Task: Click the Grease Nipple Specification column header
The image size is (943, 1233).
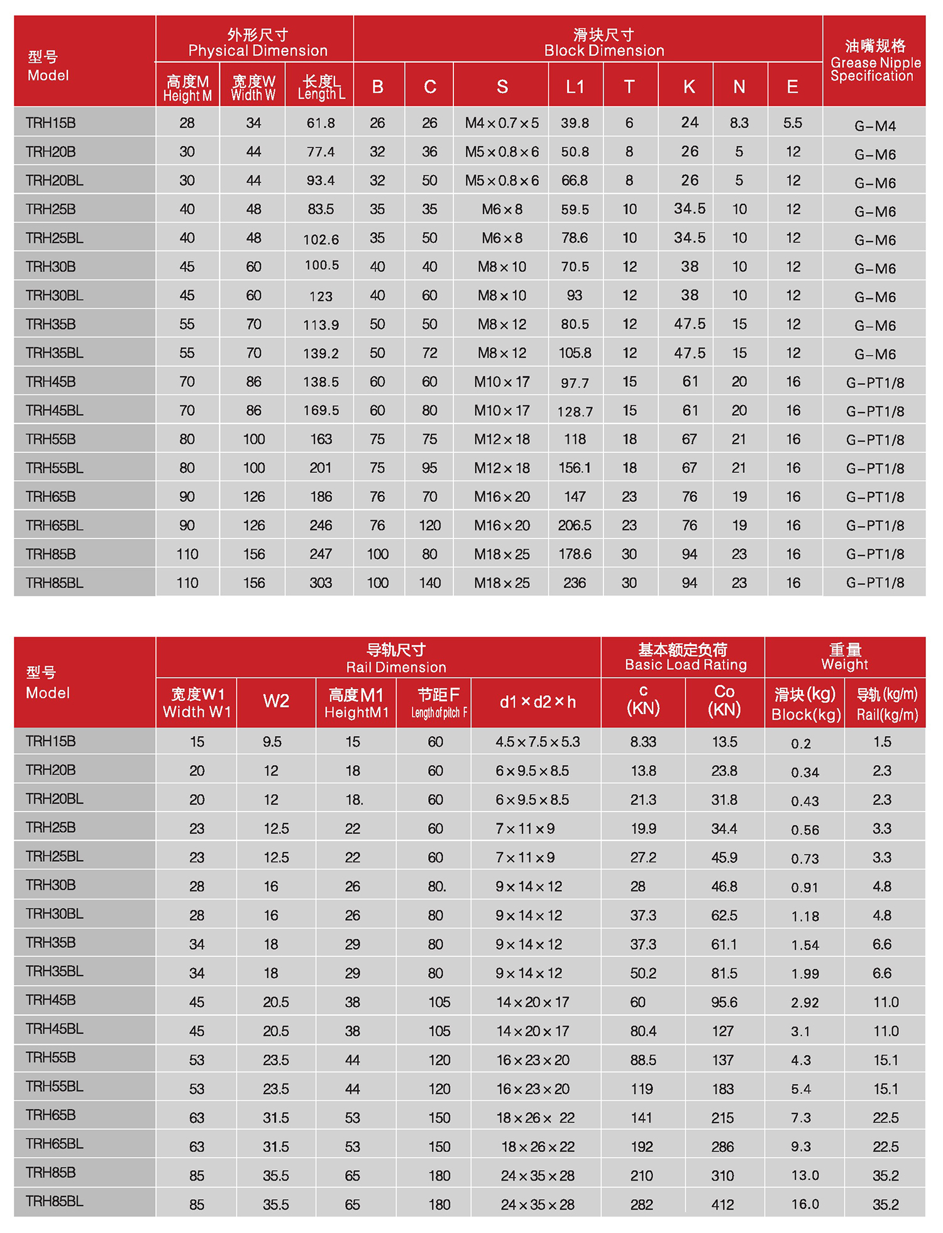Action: [874, 60]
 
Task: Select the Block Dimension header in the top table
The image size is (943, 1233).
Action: [604, 43]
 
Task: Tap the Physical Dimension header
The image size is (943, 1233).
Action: [257, 43]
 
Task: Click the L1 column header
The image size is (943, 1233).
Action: [575, 87]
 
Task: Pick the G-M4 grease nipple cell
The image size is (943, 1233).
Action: [874, 126]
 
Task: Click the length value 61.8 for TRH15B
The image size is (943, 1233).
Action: [321, 123]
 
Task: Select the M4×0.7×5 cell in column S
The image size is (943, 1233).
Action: [502, 123]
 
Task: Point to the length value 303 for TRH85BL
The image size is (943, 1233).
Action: [321, 583]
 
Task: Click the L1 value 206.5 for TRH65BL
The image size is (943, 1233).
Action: [575, 526]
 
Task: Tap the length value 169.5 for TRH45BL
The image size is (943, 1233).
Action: [321, 411]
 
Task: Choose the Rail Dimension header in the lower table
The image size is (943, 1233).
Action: [396, 658]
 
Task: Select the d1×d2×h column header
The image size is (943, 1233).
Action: [538, 702]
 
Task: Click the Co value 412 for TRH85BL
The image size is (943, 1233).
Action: [723, 1205]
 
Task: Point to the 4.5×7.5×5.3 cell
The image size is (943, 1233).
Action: [538, 742]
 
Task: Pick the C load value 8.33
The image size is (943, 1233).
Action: [643, 742]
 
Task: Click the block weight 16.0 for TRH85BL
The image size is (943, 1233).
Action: [805, 1205]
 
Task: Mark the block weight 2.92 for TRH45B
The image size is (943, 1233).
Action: [805, 1003]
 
